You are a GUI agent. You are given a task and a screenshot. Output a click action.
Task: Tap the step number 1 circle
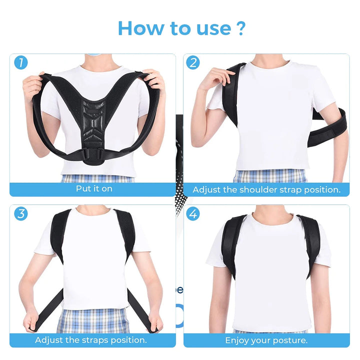(x=20, y=63)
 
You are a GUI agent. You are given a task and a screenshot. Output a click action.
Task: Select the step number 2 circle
(x=193, y=63)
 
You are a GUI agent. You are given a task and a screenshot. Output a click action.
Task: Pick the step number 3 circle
(x=20, y=214)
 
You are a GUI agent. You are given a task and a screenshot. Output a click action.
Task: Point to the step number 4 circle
(x=193, y=214)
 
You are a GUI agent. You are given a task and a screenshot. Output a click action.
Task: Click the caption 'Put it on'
(x=94, y=189)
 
